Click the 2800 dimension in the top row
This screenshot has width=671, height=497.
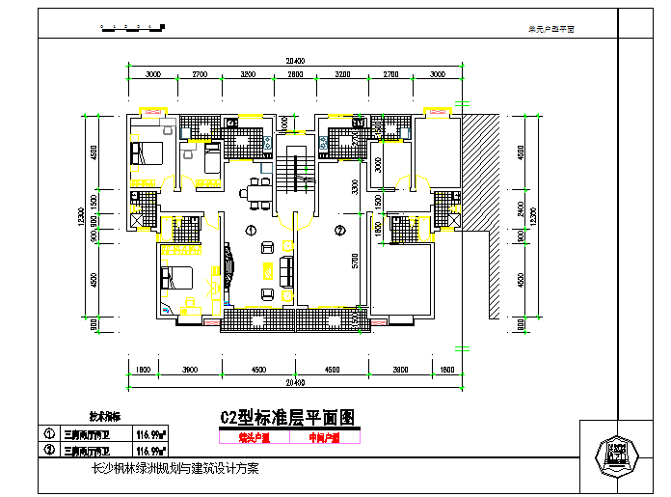[x=295, y=74]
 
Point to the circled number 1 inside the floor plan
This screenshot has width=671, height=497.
[x=250, y=231]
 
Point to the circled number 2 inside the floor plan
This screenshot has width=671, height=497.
[x=339, y=231]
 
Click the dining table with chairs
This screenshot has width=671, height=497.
[x=256, y=191]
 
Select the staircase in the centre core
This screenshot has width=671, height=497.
[x=288, y=173]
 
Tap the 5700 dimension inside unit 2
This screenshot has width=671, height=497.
[x=356, y=262]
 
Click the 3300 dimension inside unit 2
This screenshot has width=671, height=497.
[x=356, y=186]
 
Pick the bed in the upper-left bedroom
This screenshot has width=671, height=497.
[x=145, y=152]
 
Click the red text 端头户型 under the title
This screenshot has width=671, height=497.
[x=255, y=437]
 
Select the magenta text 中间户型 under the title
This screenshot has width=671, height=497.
[x=324, y=437]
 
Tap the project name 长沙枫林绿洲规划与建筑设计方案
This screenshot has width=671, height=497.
[x=174, y=469]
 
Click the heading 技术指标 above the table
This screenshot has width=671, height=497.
[x=105, y=417]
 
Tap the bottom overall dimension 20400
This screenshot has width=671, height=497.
[x=294, y=381]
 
